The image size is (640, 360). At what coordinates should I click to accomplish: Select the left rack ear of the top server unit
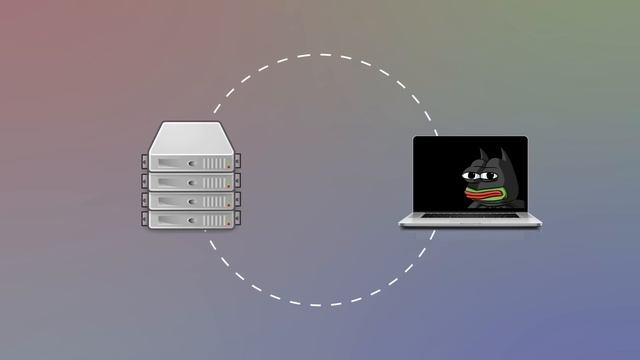tap(144, 162)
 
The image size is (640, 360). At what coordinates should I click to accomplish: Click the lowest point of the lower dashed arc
tap(320, 304)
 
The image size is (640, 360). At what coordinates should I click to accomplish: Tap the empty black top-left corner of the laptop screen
tap(424, 146)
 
